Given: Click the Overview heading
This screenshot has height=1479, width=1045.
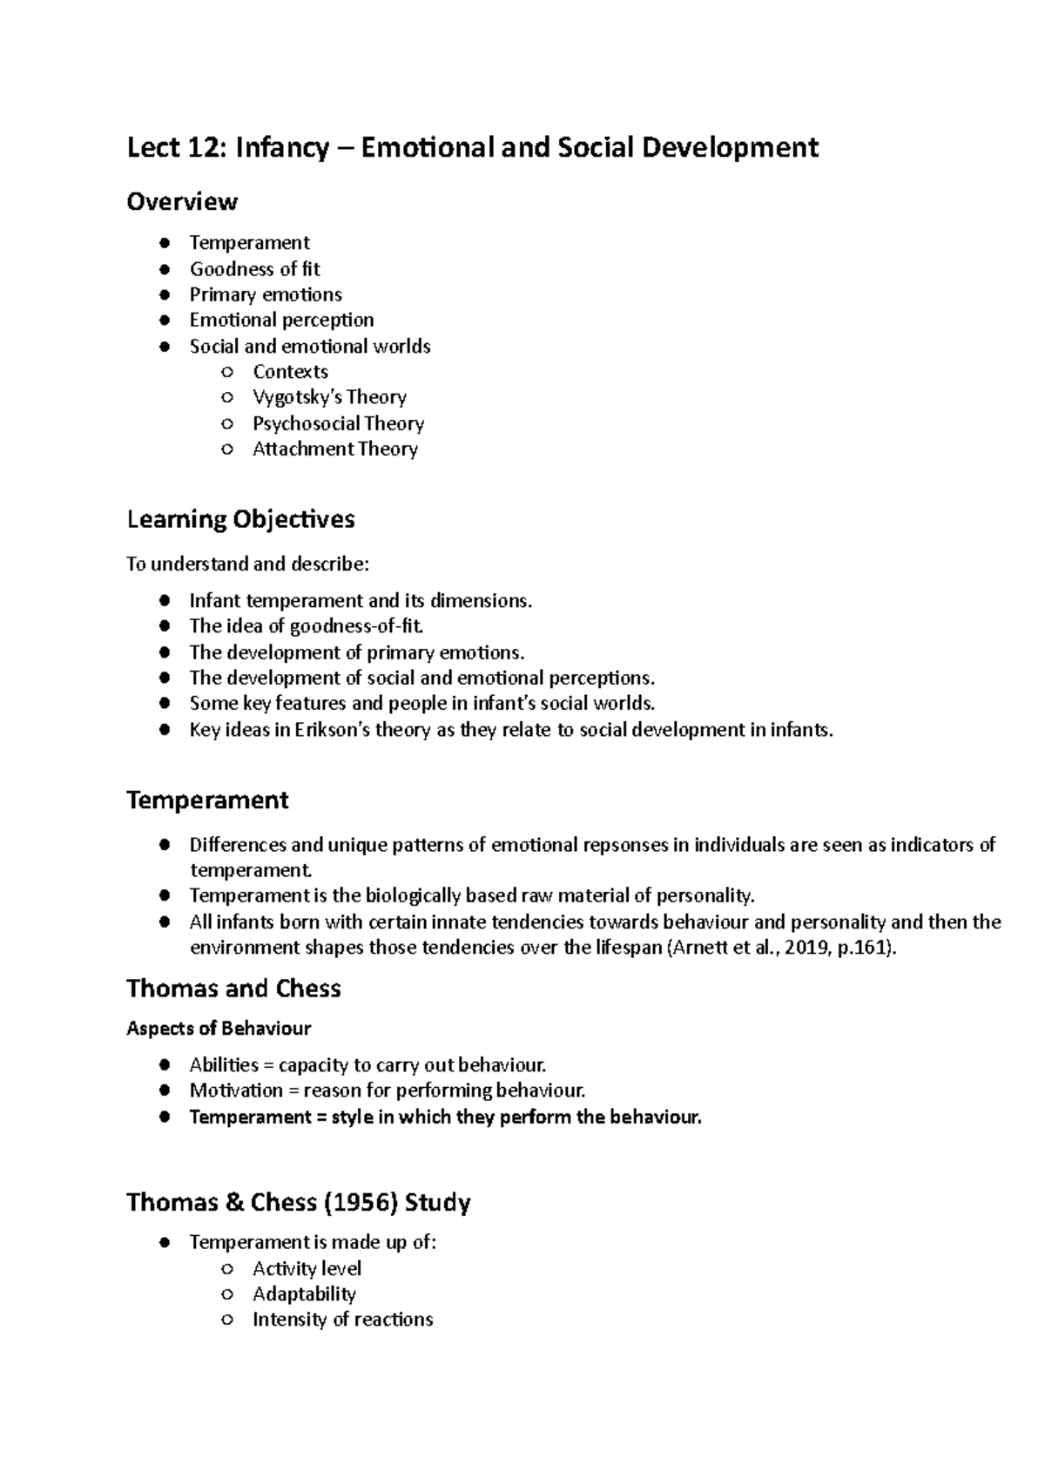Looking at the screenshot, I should [181, 201].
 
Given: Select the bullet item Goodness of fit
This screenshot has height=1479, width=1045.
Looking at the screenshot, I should [254, 269].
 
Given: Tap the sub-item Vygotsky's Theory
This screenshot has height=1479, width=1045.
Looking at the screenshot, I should [329, 397].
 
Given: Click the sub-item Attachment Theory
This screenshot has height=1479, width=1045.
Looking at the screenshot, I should [334, 449].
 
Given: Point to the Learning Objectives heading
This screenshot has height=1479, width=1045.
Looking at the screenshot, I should [240, 519].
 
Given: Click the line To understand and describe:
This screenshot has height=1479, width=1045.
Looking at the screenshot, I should [247, 564].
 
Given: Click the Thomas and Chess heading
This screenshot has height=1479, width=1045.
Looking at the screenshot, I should [233, 989].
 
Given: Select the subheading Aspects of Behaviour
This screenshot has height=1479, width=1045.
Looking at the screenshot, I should [218, 1029].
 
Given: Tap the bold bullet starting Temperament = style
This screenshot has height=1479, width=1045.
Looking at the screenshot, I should [444, 1117].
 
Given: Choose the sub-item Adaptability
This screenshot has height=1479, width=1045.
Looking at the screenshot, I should [304, 1294].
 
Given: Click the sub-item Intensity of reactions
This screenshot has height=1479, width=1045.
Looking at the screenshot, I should [342, 1320].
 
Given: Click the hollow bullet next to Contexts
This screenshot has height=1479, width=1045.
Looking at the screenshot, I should [227, 372].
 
